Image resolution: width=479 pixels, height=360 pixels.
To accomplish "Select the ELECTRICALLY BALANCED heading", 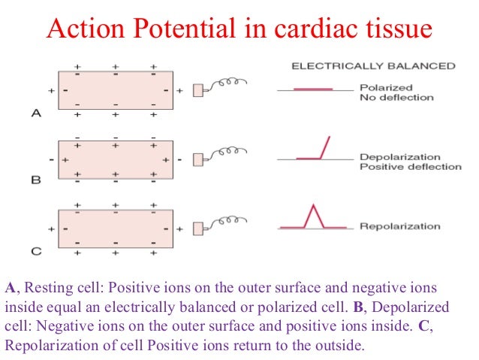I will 373,65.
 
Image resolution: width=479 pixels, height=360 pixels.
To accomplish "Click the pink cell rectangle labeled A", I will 116,90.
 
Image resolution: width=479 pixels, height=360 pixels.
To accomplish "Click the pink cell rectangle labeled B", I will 116,159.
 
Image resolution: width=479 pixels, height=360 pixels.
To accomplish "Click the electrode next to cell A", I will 198,91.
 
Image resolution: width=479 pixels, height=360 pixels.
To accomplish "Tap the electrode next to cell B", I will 198,159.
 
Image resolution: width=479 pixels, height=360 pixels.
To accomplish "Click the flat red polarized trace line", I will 312,89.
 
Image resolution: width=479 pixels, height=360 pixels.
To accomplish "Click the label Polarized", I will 386,87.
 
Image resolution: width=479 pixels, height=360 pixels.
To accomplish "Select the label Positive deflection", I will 410,166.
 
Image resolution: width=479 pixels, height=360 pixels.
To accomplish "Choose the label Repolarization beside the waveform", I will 399,226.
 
